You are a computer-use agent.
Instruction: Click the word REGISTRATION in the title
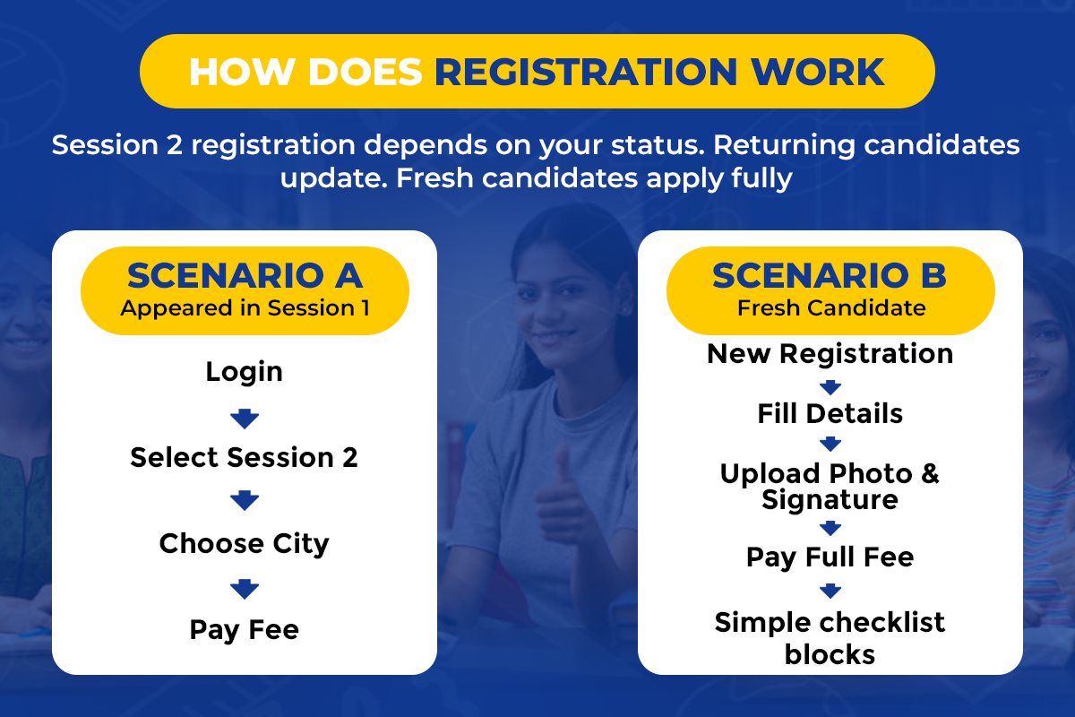click(586, 72)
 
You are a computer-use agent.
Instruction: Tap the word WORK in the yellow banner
click(818, 72)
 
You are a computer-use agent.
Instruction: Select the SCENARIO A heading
click(245, 276)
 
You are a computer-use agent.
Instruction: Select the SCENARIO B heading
click(830, 276)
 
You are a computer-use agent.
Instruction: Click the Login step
click(245, 372)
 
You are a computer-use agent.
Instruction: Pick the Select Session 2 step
click(245, 457)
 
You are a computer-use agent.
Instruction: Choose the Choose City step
click(245, 544)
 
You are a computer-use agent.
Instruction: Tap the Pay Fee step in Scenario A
click(245, 630)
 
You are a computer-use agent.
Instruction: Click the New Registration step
click(830, 354)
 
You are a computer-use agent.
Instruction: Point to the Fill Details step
click(830, 413)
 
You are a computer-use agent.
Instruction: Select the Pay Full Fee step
click(830, 557)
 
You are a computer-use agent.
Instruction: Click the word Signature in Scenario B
click(830, 501)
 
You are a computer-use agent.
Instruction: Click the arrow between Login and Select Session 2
click(245, 419)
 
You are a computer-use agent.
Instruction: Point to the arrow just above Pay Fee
click(245, 589)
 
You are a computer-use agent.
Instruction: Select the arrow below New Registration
click(830, 387)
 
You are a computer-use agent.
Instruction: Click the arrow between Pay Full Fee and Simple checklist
click(830, 591)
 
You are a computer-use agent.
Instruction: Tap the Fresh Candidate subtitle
click(831, 307)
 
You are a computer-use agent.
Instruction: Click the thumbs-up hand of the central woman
click(562, 499)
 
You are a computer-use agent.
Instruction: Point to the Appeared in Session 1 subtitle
click(245, 308)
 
